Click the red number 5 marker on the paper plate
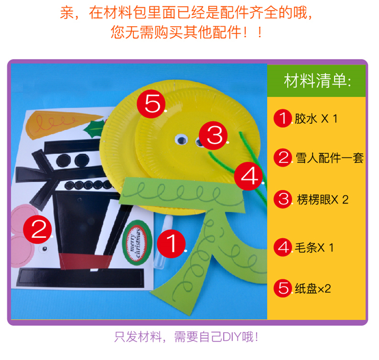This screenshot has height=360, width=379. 151,104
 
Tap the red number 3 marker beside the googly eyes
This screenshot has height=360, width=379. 214,135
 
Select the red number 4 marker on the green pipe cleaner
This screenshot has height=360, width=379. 249,176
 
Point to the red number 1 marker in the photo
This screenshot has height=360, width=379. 171,244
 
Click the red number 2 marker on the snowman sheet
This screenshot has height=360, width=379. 38,229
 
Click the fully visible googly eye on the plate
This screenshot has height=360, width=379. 181,140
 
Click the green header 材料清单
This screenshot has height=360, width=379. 316,80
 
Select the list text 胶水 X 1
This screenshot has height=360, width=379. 316,119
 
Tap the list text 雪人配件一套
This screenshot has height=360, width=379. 329,158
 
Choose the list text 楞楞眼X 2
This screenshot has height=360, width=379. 322,199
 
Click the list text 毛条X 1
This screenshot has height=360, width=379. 314,247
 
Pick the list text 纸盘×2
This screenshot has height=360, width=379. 313,288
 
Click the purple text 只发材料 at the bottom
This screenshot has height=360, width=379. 138,337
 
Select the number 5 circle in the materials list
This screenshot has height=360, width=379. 282,288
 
